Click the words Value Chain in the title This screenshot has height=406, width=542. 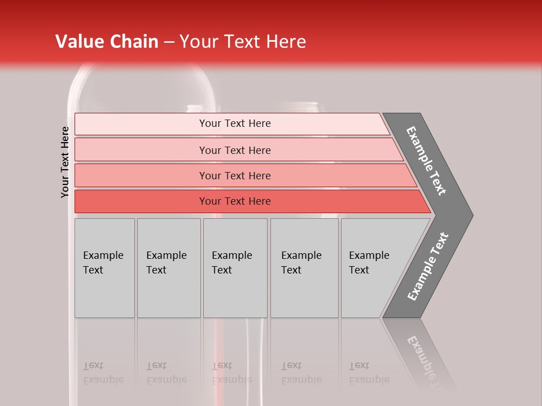point(107,42)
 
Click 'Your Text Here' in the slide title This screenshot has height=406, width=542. point(243,42)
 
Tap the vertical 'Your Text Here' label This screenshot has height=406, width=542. point(65,162)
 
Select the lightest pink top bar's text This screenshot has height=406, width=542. point(235,123)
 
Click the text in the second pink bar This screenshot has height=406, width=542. point(235,150)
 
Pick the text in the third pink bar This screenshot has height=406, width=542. point(235,176)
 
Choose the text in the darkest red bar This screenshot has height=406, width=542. point(235,201)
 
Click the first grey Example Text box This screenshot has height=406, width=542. point(104,263)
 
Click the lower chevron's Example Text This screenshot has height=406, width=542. point(428,267)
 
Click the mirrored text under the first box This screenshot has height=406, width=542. point(103,373)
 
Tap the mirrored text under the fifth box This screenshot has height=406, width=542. point(369,373)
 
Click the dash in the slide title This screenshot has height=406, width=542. point(169,42)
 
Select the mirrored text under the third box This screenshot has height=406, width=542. point(232,373)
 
